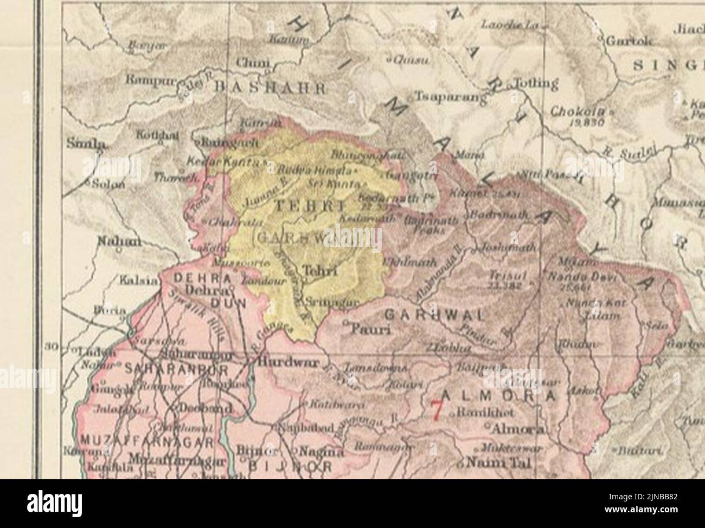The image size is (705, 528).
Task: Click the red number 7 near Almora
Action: (436, 409)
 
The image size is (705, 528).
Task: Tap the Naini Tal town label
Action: (494, 464)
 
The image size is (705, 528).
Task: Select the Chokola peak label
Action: (576, 112)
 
